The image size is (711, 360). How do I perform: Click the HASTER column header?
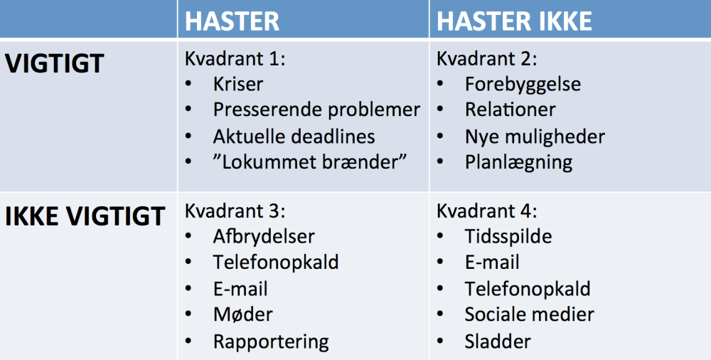click(x=232, y=21)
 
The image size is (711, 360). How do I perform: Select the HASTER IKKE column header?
click(x=514, y=21)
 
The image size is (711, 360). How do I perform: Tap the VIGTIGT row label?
click(x=55, y=63)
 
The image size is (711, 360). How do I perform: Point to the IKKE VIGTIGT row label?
click(x=85, y=216)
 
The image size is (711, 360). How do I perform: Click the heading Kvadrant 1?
click(x=235, y=58)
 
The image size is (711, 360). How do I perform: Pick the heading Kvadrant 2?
click(x=487, y=58)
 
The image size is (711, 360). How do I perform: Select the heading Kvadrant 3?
click(x=235, y=211)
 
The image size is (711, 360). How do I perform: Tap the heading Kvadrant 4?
click(x=487, y=211)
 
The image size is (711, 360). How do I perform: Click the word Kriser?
click(x=238, y=84)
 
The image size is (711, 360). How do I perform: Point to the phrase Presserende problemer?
click(x=316, y=110)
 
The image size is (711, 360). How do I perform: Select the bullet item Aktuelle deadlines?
click(x=294, y=136)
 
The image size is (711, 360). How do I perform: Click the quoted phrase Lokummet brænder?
click(x=310, y=162)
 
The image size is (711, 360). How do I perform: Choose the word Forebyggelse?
click(x=523, y=84)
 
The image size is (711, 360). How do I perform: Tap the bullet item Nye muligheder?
click(x=535, y=136)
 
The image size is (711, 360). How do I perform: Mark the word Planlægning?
click(x=518, y=162)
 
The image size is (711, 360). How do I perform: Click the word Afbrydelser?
click(x=264, y=236)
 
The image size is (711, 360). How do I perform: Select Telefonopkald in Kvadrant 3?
click(x=276, y=262)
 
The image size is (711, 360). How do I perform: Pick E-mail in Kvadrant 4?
click(x=492, y=262)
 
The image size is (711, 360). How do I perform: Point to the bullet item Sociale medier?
click(x=529, y=314)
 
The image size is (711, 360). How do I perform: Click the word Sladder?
click(x=498, y=341)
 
